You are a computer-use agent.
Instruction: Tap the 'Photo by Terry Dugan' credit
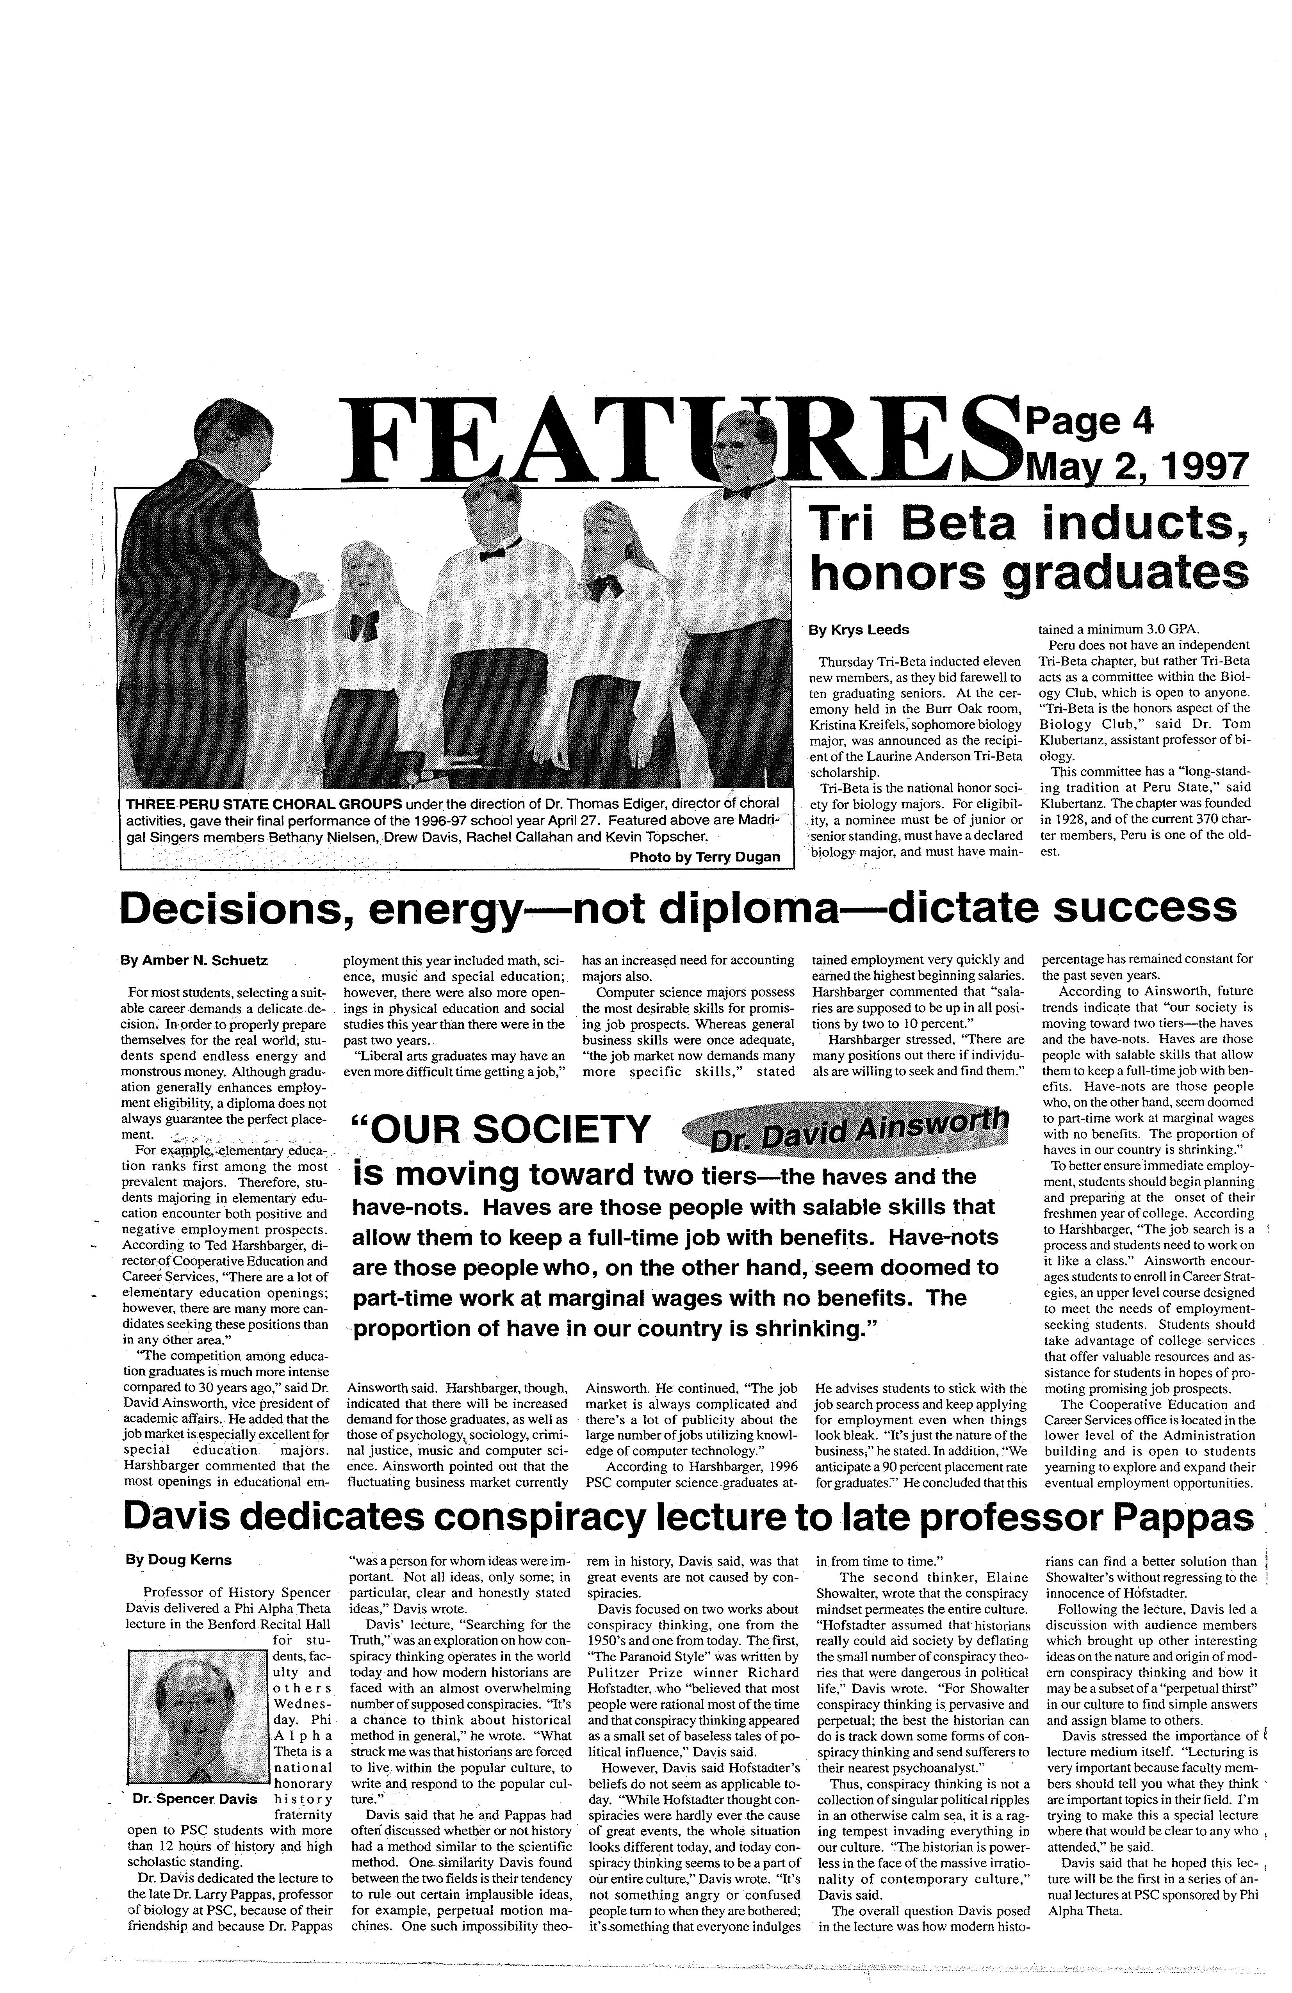tap(704, 857)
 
